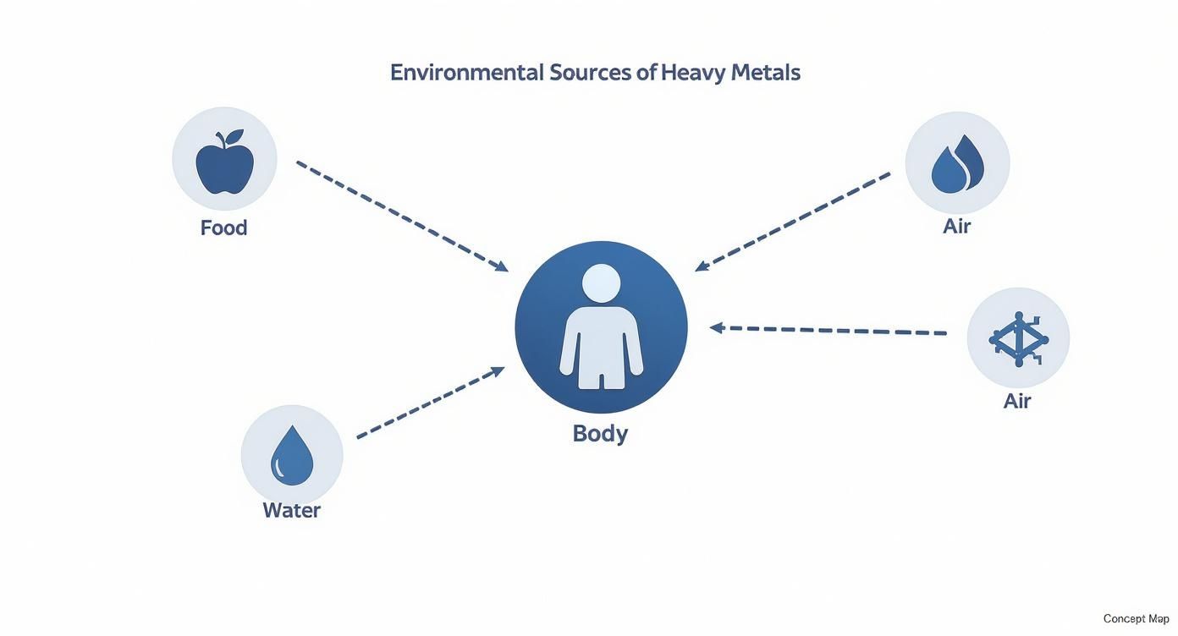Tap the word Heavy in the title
click(x=693, y=73)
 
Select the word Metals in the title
click(x=765, y=73)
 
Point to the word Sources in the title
click(x=591, y=73)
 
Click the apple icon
click(x=224, y=165)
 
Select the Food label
click(x=223, y=228)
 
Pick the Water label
click(x=291, y=510)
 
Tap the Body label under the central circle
click(x=600, y=433)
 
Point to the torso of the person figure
click(x=601, y=338)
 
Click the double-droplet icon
click(x=957, y=164)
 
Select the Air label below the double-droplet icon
click(x=956, y=227)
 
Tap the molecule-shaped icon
click(x=1018, y=339)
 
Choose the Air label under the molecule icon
click(x=1016, y=401)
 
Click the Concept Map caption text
click(x=1136, y=619)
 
